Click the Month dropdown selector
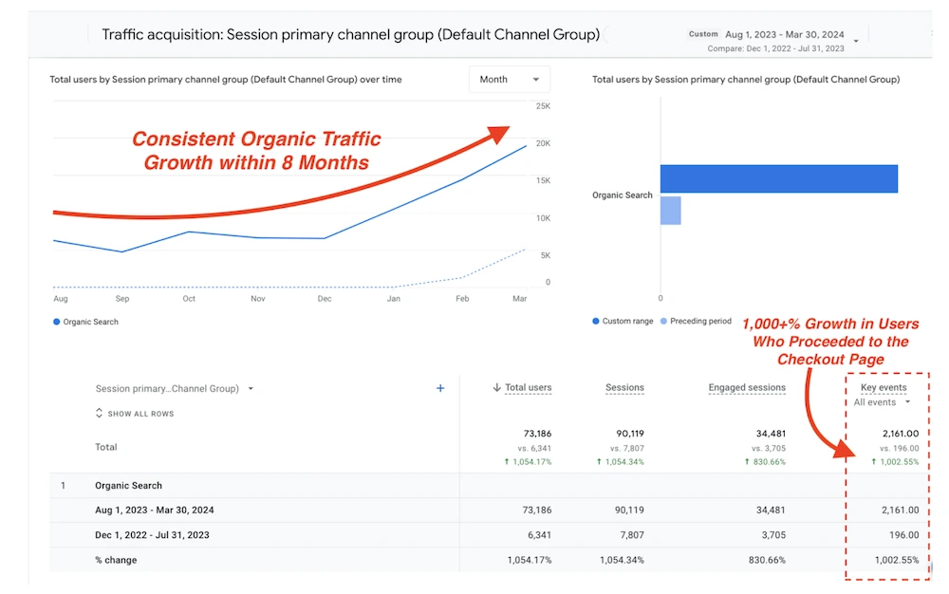[x=510, y=80]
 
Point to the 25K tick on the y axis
[x=543, y=105]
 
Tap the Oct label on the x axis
[x=189, y=299]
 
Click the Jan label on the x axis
[x=395, y=299]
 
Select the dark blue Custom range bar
[x=778, y=178]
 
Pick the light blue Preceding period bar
[x=671, y=211]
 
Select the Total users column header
[x=528, y=388]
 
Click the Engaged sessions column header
[x=746, y=388]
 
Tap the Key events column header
[x=883, y=388]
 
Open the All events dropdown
[x=882, y=402]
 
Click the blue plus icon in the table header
[x=440, y=388]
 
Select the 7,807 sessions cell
[x=629, y=535]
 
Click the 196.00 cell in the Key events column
[x=900, y=535]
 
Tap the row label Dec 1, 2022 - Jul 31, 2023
[x=152, y=535]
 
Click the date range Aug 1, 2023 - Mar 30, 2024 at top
[x=786, y=34]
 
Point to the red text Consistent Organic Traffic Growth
[x=256, y=150]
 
